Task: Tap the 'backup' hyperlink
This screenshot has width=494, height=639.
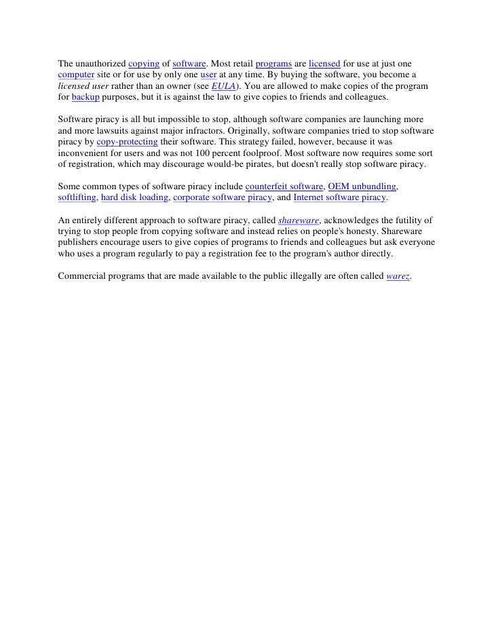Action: coord(85,98)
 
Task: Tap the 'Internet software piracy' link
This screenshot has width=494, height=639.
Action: coord(339,198)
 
